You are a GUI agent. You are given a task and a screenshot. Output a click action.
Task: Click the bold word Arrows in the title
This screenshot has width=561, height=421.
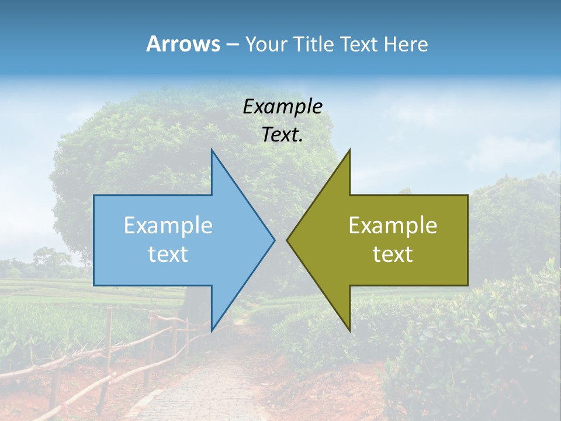coord(183,44)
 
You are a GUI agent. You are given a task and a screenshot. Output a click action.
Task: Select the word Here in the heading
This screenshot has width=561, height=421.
coord(406,44)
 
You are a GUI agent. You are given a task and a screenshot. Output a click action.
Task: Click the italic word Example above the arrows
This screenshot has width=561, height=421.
coord(282,106)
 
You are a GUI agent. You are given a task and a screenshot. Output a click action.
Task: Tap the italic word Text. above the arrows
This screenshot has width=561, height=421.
coord(282,134)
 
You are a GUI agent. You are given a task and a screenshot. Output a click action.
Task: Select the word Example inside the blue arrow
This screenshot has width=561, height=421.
coord(168,225)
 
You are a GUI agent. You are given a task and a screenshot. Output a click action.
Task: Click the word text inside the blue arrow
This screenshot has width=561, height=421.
coord(168,254)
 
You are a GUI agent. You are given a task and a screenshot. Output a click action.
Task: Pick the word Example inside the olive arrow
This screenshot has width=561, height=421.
coord(393,225)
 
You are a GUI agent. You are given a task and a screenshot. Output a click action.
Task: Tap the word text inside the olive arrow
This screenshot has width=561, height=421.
coord(393,254)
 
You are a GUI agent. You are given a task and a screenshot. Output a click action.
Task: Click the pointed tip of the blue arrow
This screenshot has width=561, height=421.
coord(275,240)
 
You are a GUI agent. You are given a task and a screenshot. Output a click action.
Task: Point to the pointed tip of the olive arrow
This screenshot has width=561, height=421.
coord(287,240)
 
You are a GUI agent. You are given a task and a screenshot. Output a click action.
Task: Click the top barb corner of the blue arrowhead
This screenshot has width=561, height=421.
coord(212,150)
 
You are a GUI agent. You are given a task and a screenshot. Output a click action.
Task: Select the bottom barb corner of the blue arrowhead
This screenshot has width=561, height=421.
coord(212,330)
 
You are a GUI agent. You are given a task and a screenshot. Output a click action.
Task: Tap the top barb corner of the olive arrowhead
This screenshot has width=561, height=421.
coord(349,150)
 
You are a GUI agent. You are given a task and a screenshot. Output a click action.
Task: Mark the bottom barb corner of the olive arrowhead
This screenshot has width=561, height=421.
coord(349,330)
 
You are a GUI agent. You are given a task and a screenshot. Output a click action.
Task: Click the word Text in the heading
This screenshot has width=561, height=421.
coord(359,44)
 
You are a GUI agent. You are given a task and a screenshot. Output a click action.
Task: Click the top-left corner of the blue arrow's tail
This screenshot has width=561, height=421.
coord(94,195)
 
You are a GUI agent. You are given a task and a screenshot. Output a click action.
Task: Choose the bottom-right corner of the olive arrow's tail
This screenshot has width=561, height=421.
coord(467,285)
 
